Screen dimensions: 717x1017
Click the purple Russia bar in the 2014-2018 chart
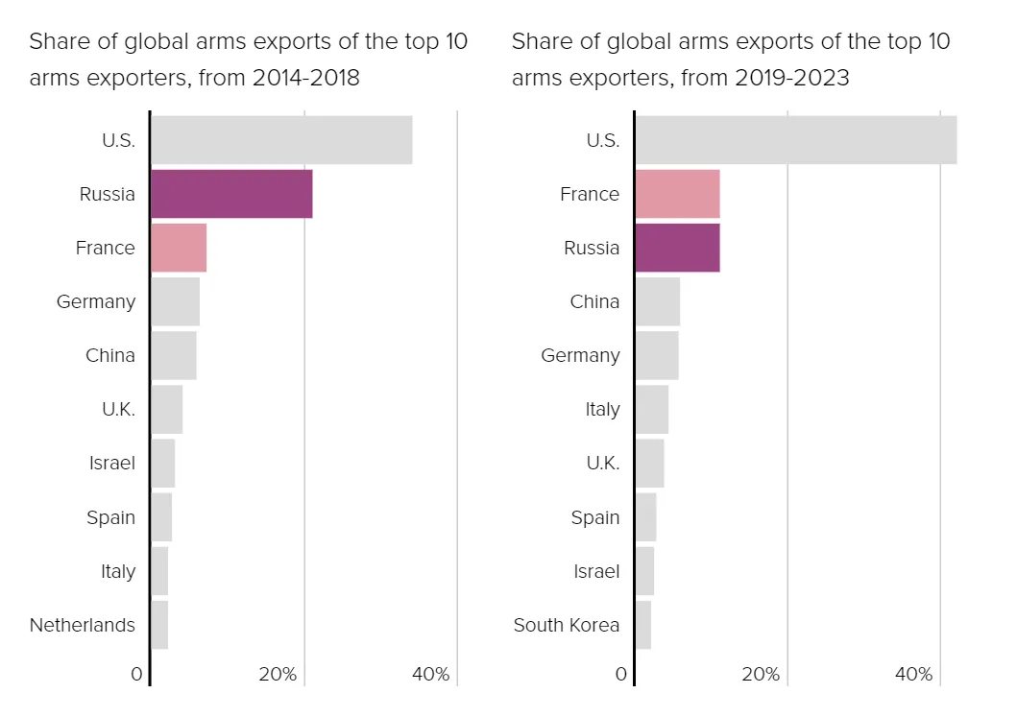tap(231, 194)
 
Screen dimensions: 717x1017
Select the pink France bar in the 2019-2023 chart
tap(677, 194)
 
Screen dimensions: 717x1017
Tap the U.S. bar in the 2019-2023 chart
tap(796, 140)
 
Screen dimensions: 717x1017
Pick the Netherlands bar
tap(159, 625)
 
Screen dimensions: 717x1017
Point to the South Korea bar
tap(643, 625)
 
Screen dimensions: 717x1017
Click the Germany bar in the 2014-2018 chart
tap(175, 301)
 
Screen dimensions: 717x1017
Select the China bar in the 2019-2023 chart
tap(658, 301)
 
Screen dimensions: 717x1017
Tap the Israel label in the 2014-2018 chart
tap(112, 463)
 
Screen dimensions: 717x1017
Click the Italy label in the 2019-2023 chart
tap(602, 409)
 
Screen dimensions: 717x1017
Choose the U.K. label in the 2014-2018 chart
tap(118, 409)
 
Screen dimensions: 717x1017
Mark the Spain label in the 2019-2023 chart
tap(595, 517)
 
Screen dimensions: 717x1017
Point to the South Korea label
tap(567, 625)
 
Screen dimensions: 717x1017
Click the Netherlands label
tap(83, 625)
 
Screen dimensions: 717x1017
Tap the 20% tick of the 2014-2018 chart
tap(278, 674)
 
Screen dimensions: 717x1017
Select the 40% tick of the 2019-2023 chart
tap(913, 674)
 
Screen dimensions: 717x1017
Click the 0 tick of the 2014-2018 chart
tap(136, 674)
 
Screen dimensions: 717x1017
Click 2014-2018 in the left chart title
tap(305, 78)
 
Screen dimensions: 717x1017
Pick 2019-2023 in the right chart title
tap(792, 78)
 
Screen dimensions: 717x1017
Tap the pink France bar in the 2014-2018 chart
tap(179, 248)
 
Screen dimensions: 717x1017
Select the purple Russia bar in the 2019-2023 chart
tap(677, 248)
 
